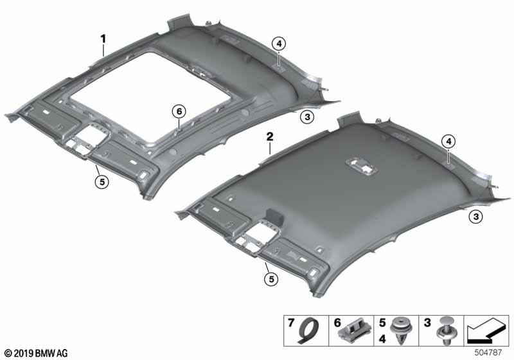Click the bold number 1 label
point(103,39)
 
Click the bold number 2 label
point(269,137)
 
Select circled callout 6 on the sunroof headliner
point(179,111)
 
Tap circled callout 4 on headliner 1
point(279,44)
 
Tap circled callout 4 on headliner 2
point(448,141)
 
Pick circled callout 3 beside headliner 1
point(307,116)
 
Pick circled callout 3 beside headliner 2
point(475,217)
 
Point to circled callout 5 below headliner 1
point(102,181)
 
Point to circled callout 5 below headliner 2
point(271,279)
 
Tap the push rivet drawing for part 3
point(445,331)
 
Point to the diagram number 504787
point(488,353)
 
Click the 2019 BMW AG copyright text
point(37,353)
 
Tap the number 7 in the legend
point(291,323)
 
